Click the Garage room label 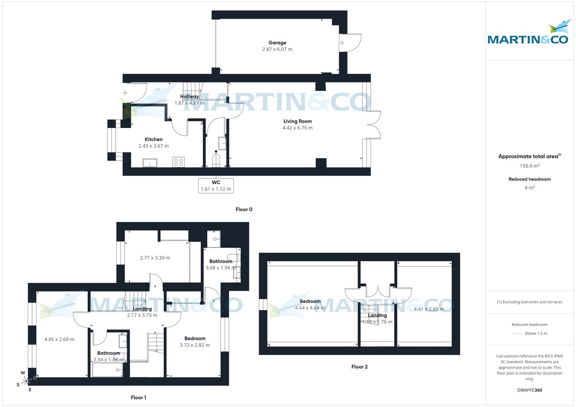[277, 43]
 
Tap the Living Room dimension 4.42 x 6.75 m [298, 128]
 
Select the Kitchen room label [154, 140]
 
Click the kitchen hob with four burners [179, 162]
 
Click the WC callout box [216, 185]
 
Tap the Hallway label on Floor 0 [190, 97]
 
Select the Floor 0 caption [244, 209]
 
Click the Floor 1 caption [139, 397]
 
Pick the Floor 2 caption [359, 367]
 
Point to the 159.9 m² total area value [529, 166]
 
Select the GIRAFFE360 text [529, 390]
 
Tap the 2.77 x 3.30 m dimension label [155, 258]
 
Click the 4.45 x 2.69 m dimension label [59, 339]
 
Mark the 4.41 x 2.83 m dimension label [429, 309]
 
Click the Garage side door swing [349, 43]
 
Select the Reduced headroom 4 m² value [529, 187]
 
